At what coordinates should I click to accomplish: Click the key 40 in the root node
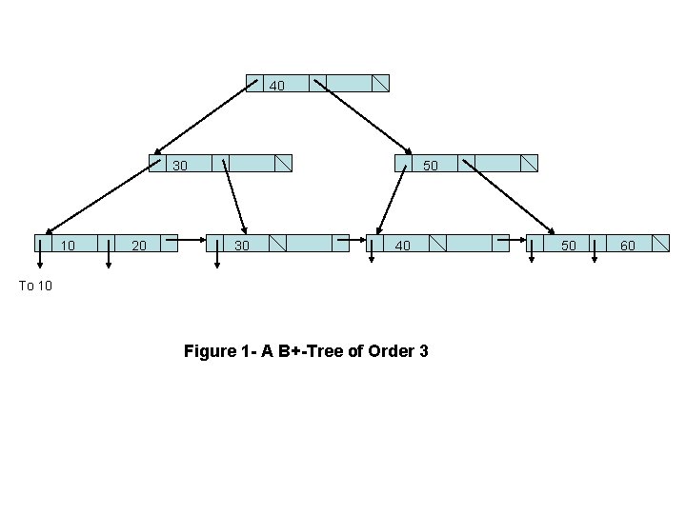click(x=276, y=86)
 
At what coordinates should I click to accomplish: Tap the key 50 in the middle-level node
click(x=431, y=166)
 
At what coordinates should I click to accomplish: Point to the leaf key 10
click(x=69, y=246)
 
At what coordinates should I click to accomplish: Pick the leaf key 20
click(x=139, y=246)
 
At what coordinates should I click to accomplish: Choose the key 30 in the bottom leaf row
click(x=242, y=246)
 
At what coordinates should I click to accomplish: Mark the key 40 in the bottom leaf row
click(x=403, y=246)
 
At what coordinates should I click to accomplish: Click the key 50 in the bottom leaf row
click(x=568, y=246)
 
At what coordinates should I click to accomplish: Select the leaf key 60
click(x=628, y=246)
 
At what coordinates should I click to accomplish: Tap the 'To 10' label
click(x=35, y=286)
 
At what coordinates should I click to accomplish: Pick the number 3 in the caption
click(x=423, y=352)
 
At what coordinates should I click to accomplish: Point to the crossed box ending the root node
click(x=380, y=83)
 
